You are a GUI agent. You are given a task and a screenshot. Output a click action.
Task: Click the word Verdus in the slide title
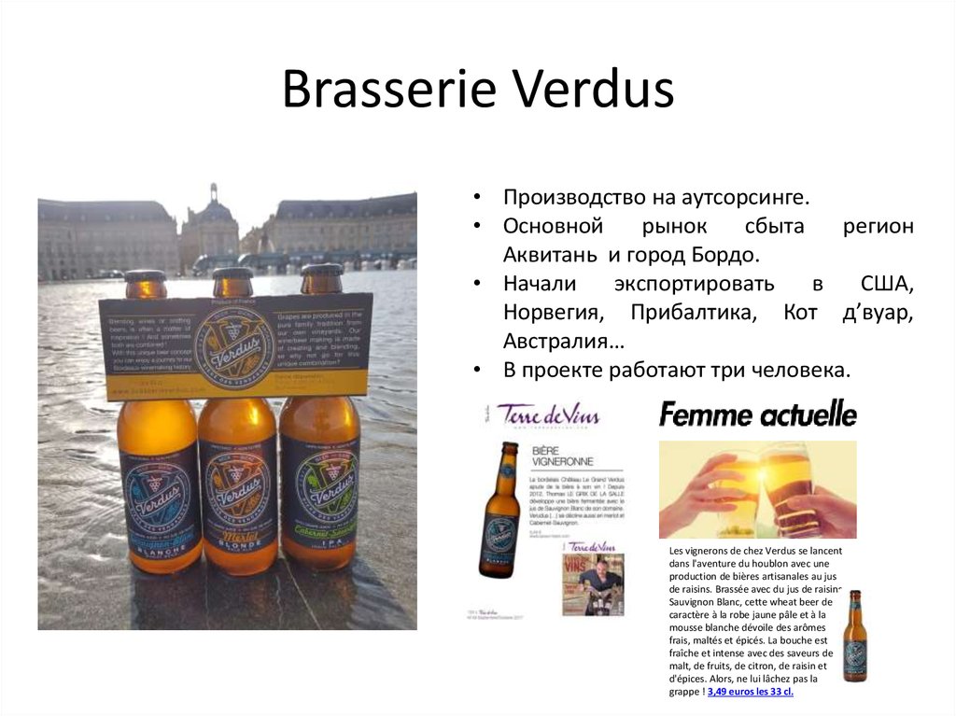595,89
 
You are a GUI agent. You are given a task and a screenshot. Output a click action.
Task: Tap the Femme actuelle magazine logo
757,413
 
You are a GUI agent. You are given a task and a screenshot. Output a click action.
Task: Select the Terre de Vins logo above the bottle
548,414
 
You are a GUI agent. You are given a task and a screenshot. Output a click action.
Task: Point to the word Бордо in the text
724,254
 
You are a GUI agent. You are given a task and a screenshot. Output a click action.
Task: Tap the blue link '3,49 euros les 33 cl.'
751,693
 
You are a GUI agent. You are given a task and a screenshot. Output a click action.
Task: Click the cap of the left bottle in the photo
146,277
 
